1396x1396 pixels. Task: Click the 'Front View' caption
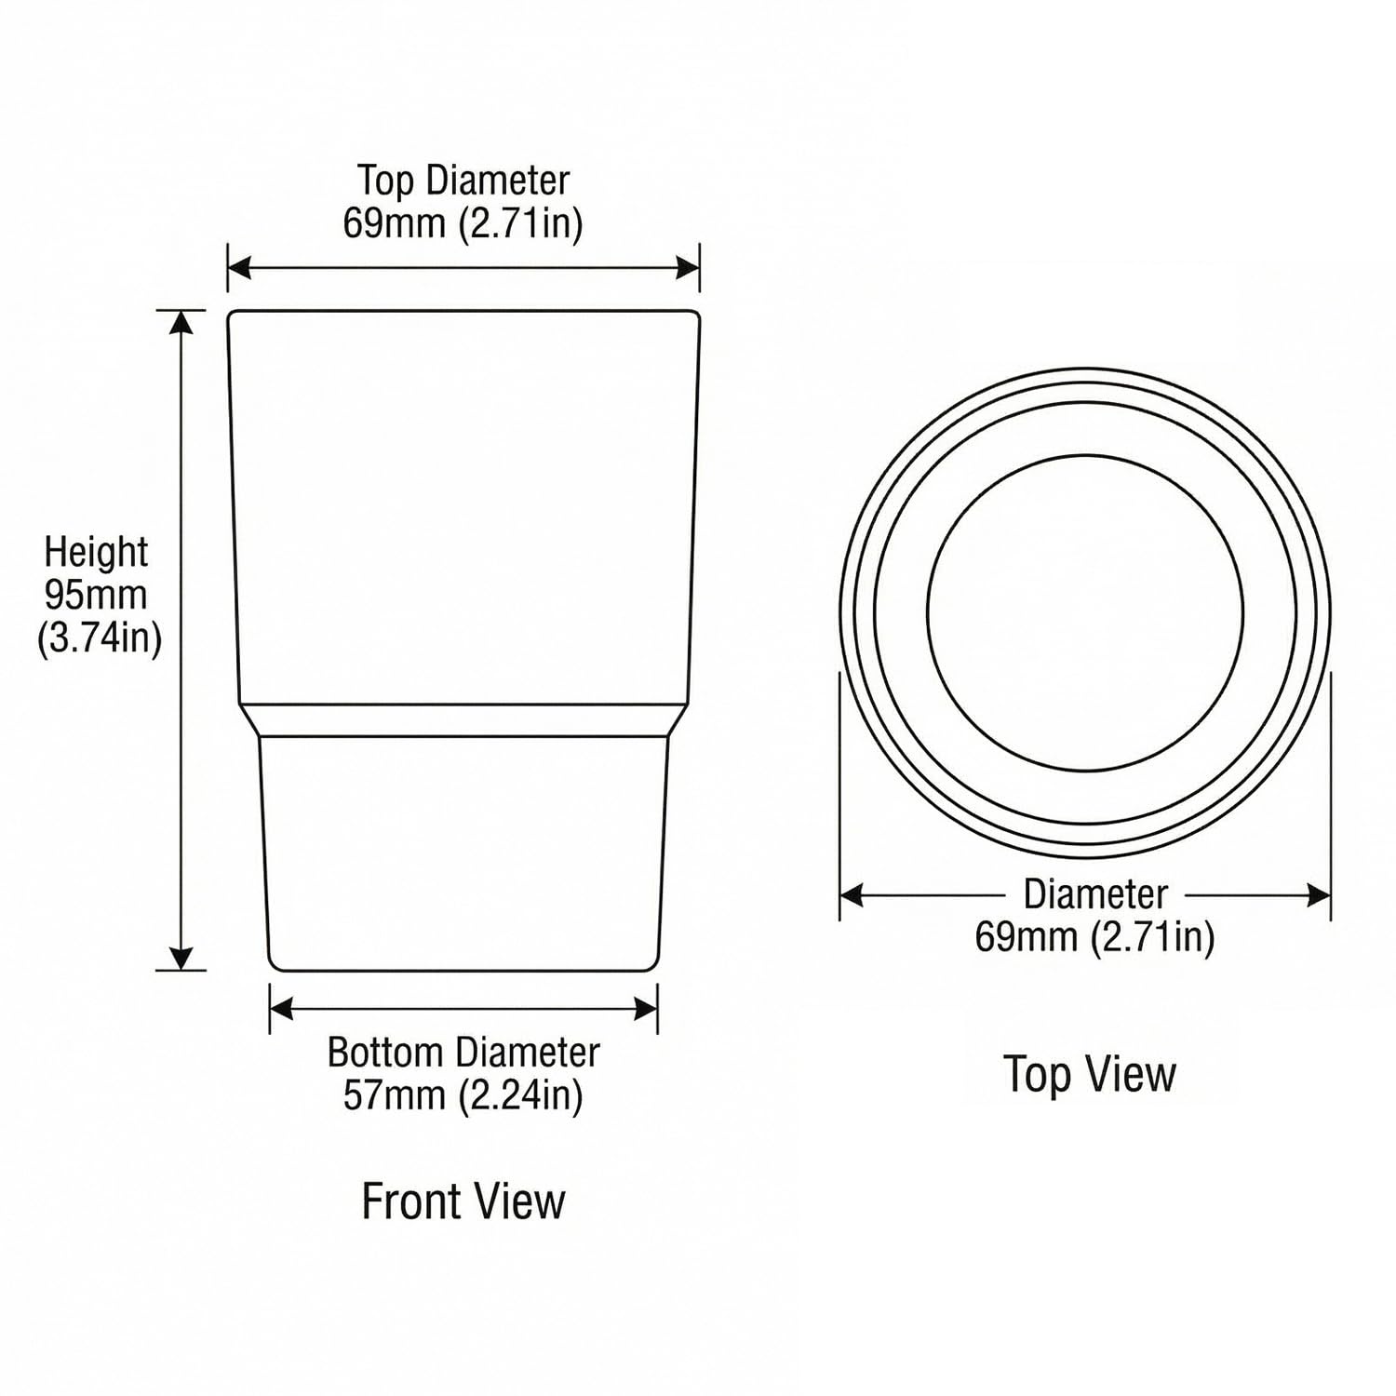pos(463,1201)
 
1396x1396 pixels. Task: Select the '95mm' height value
pos(96,595)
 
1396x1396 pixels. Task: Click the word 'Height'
pos(96,552)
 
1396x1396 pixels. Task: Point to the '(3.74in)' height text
pos(100,638)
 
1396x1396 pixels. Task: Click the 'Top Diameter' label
pos(463,181)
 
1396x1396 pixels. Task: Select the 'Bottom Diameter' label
pos(463,1053)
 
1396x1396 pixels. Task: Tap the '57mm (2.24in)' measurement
pos(463,1095)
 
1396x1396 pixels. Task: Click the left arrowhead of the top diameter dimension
pos(239,269)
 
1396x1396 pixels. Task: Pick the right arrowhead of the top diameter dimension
pos(688,269)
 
